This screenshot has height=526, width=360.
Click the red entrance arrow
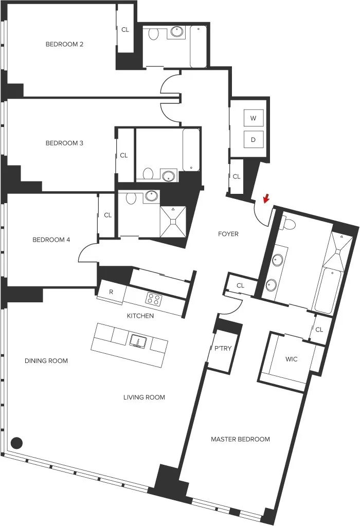click(x=265, y=198)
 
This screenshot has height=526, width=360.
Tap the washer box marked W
click(x=253, y=118)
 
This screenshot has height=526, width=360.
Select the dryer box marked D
click(x=253, y=139)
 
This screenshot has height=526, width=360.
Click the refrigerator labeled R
click(x=111, y=292)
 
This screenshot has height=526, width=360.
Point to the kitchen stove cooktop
click(x=153, y=298)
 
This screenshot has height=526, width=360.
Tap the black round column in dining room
click(x=17, y=442)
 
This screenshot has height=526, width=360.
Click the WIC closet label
click(x=292, y=358)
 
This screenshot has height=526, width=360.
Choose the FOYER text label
click(x=228, y=234)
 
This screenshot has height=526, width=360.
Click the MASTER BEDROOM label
click(x=240, y=439)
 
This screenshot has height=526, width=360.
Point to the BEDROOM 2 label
click(x=64, y=44)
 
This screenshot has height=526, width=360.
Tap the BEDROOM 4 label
click(x=51, y=240)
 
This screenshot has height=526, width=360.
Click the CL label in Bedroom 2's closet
click(x=125, y=30)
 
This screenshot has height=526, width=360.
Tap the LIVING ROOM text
click(x=144, y=397)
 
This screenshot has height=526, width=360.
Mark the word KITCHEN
click(x=140, y=316)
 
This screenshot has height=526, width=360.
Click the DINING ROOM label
click(x=46, y=361)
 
